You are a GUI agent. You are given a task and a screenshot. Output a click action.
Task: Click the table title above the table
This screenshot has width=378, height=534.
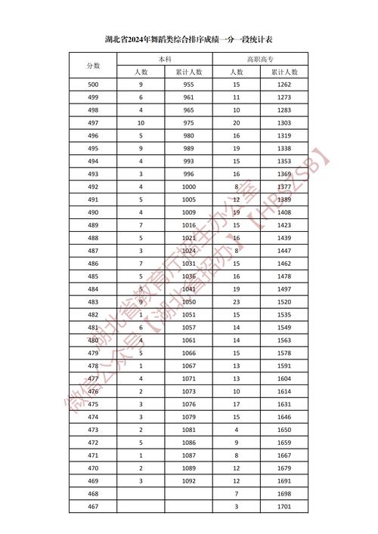189,38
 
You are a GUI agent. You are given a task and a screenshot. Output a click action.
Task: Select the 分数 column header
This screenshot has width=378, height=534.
93,65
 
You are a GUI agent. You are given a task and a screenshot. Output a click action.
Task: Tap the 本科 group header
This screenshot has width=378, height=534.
164,58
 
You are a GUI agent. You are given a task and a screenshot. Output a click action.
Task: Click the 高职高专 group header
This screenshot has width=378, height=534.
260,58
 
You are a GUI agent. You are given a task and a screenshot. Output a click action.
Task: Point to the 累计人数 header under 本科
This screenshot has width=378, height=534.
188,72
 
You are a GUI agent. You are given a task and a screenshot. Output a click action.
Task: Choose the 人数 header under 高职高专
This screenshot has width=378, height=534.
237,72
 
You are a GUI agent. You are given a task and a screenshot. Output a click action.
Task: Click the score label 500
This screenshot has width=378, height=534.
93,85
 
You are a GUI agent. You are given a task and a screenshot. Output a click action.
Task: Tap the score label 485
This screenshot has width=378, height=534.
93,276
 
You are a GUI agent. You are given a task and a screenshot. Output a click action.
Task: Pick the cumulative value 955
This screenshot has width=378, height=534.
188,85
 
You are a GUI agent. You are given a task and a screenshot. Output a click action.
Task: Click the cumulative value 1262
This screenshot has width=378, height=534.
284,85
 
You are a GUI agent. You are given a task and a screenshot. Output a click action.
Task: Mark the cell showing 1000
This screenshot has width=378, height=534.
188,187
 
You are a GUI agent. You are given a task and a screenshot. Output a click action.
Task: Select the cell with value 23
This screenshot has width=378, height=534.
237,302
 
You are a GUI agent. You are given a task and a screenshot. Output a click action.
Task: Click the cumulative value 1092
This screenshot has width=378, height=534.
188,481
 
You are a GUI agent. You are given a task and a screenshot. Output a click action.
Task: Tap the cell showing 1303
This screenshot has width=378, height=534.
284,123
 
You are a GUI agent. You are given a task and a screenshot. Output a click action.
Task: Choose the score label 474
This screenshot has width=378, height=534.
93,417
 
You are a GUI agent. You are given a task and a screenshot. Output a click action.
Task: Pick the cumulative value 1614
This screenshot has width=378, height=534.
284,391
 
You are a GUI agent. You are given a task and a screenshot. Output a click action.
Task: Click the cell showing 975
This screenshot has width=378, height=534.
188,123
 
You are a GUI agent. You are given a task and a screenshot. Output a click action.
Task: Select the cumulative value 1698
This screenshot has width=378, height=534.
284,494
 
